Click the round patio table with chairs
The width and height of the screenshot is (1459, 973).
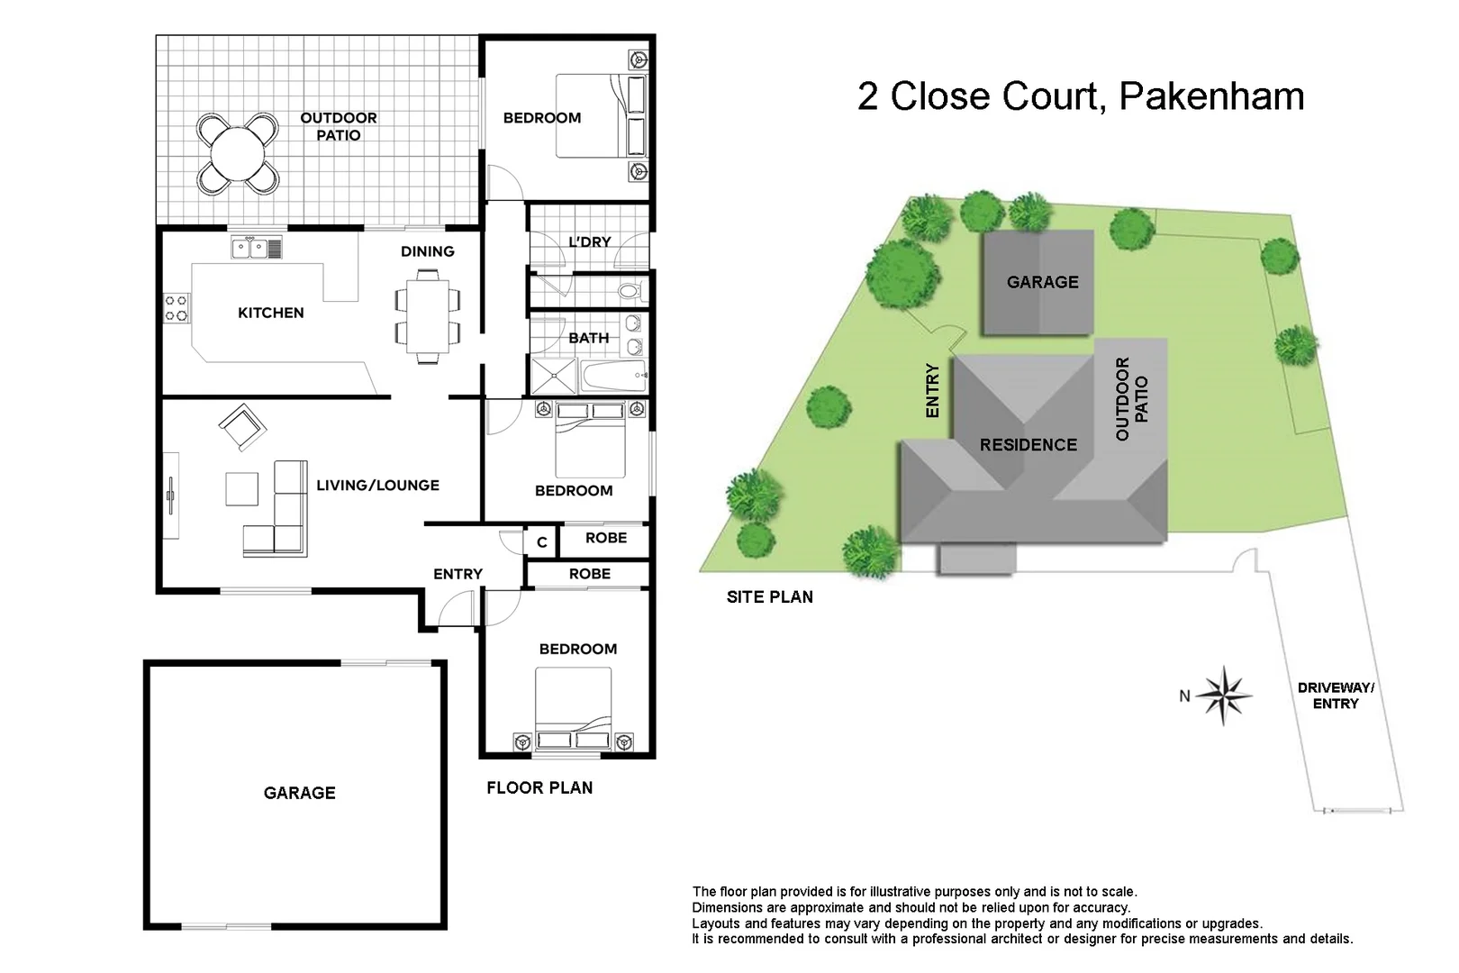tap(237, 153)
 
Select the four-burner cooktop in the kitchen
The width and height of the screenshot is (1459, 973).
tap(177, 308)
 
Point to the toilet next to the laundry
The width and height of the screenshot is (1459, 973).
tap(631, 292)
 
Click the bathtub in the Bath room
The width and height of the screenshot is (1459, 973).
tap(613, 377)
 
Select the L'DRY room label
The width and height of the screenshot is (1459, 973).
tap(590, 241)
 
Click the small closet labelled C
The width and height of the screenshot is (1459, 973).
tap(541, 542)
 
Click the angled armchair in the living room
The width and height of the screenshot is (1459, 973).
tap(241, 426)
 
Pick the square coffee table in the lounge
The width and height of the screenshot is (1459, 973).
tap(241, 489)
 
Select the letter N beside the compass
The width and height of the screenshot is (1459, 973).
tap(1185, 696)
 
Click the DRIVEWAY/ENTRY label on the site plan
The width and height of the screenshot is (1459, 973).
tap(1335, 696)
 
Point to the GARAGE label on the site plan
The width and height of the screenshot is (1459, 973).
tap(1042, 282)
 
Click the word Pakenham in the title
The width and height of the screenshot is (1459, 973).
tap(1211, 96)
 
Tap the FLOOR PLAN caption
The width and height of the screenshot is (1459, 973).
tap(539, 788)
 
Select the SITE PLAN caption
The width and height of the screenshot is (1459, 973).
tap(769, 596)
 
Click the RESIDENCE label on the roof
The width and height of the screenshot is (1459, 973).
tap(1028, 445)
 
